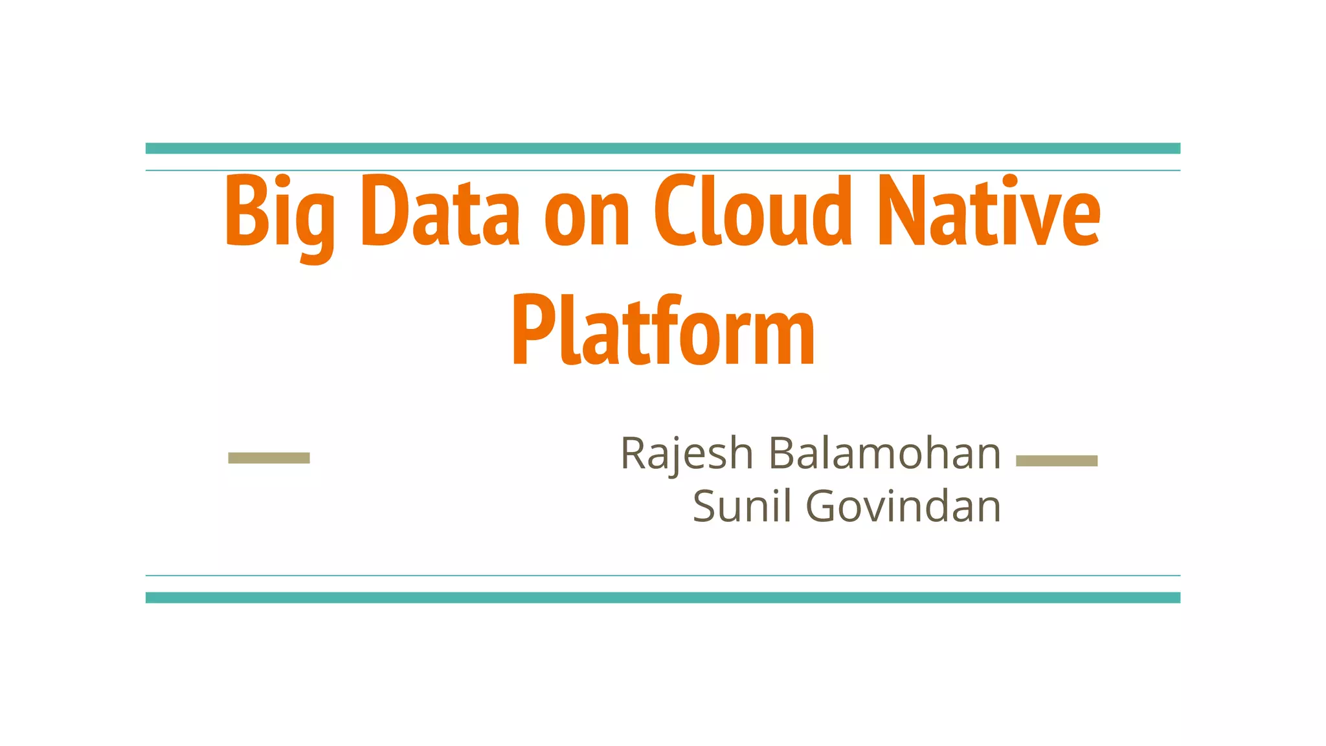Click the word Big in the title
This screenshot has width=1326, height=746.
pos(280,214)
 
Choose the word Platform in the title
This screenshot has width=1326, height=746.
pos(663,332)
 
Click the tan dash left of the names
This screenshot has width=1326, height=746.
pos(269,458)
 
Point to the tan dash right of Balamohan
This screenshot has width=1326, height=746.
pos(1057,460)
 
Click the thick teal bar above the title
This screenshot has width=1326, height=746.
pos(663,148)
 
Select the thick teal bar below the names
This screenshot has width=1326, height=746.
pos(663,598)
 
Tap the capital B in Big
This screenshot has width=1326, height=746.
pos(246,211)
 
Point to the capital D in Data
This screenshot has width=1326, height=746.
pos(383,211)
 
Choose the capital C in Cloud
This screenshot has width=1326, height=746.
pos(675,211)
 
